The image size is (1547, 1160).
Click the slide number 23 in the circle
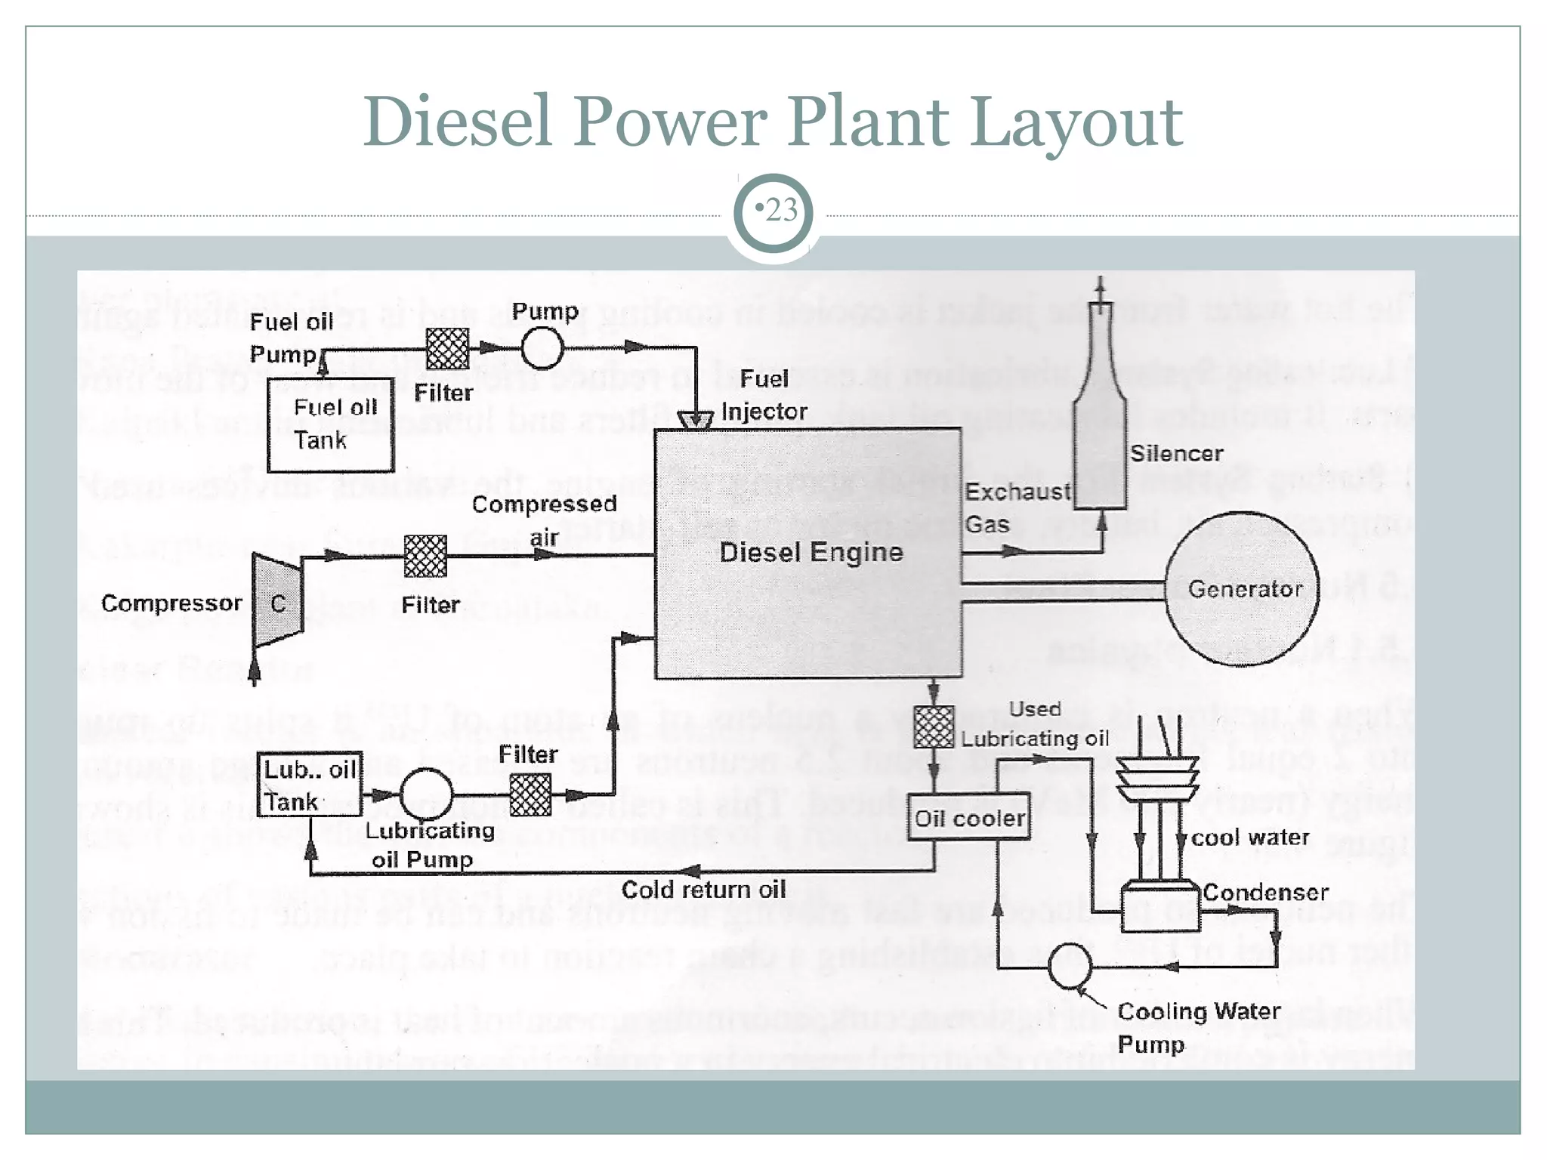[x=780, y=210]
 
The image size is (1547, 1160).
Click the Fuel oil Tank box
[x=331, y=424]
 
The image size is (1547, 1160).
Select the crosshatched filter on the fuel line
[x=447, y=348]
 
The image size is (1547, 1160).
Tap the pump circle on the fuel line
[x=542, y=348]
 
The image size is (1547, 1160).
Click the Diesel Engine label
[x=811, y=552]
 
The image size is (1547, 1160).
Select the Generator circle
[x=1243, y=589]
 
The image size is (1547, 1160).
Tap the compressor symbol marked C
[x=278, y=602]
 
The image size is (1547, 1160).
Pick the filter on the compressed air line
[x=425, y=556]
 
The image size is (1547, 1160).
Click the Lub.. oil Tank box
[x=310, y=785]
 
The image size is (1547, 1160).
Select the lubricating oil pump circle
[x=426, y=794]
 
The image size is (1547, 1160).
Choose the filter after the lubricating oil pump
[x=530, y=795]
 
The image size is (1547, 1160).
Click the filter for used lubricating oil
[x=934, y=727]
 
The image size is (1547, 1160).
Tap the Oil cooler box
[x=968, y=817]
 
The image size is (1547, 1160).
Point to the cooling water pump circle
[x=1070, y=966]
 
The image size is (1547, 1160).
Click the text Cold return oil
[x=703, y=890]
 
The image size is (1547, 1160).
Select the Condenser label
[x=1265, y=893]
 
